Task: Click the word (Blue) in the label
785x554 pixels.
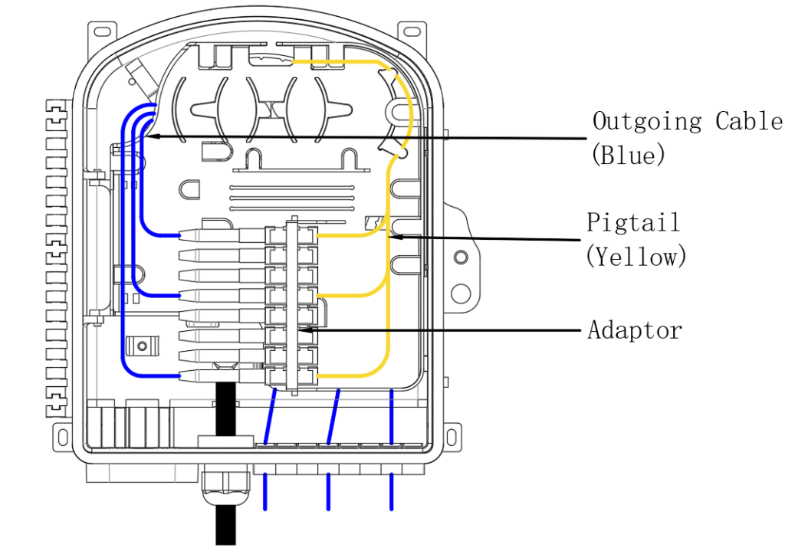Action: coord(628,156)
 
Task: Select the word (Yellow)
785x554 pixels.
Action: coord(636,256)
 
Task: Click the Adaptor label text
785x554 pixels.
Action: coord(635,330)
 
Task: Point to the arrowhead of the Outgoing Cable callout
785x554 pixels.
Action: coord(151,136)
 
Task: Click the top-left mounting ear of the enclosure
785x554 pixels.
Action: coord(103,31)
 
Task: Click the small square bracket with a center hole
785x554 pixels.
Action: coord(140,346)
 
